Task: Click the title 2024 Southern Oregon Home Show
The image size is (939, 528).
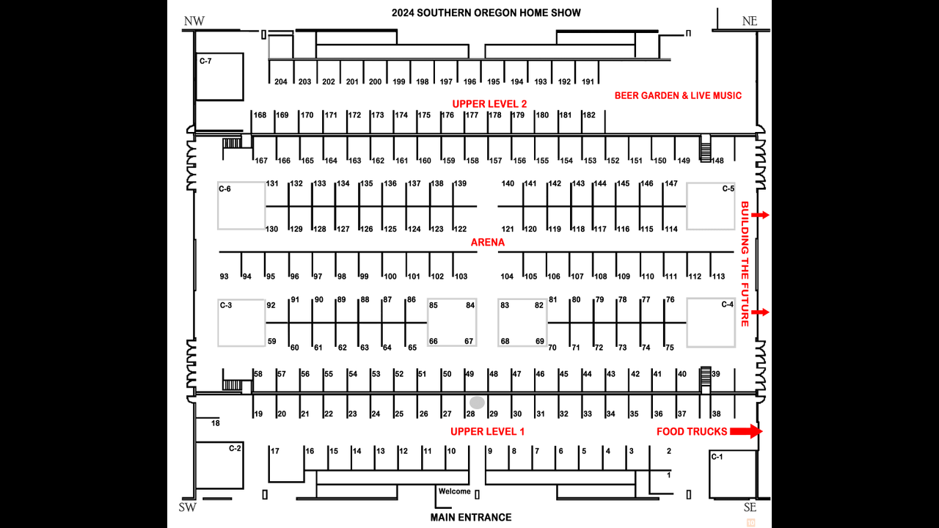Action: click(x=486, y=12)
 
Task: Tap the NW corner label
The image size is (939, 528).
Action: click(x=194, y=21)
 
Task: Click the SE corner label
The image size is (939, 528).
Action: click(x=749, y=507)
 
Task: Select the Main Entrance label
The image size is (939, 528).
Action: click(x=471, y=517)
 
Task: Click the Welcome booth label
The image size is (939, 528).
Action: click(x=454, y=491)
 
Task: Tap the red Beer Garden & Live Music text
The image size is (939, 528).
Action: click(x=678, y=95)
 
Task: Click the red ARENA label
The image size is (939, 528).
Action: click(x=488, y=242)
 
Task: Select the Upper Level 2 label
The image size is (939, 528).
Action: click(x=489, y=103)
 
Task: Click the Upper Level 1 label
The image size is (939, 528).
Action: click(x=488, y=431)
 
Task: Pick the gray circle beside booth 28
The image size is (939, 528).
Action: click(x=477, y=403)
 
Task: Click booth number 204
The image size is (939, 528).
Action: click(x=280, y=82)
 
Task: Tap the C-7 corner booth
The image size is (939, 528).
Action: click(x=219, y=76)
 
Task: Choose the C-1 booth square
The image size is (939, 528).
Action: click(x=731, y=474)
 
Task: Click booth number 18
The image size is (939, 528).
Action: click(x=216, y=423)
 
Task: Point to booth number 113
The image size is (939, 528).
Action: click(x=718, y=276)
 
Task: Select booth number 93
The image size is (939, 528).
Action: click(x=224, y=276)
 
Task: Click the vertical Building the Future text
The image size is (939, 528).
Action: click(x=744, y=263)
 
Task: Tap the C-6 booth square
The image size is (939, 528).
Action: click(x=241, y=205)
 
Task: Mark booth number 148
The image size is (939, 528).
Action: click(x=717, y=161)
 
